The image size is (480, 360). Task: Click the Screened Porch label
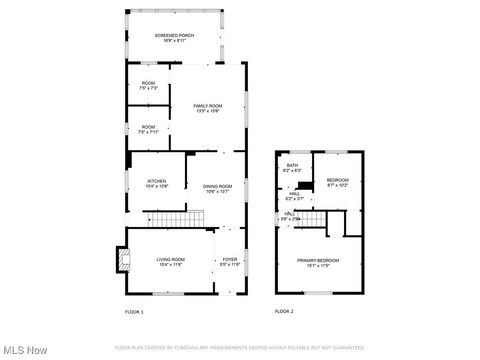(x=174, y=36)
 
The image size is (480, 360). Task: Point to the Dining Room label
(x=218, y=186)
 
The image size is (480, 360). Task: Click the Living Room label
(x=170, y=260)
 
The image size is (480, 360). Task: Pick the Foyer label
(x=230, y=260)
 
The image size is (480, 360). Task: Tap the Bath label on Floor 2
(x=293, y=165)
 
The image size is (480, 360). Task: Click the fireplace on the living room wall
(x=122, y=261)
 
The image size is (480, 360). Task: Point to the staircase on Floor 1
(x=169, y=217)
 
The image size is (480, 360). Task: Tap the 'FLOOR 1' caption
(x=134, y=312)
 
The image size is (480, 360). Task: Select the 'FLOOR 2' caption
(x=284, y=312)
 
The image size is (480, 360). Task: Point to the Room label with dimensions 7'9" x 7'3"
(x=148, y=83)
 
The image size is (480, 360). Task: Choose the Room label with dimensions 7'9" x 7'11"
(x=148, y=126)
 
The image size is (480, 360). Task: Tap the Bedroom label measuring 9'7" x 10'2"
(x=338, y=180)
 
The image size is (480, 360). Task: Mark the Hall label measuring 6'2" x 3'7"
(x=295, y=195)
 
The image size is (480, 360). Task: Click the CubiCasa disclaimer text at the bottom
(x=240, y=347)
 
